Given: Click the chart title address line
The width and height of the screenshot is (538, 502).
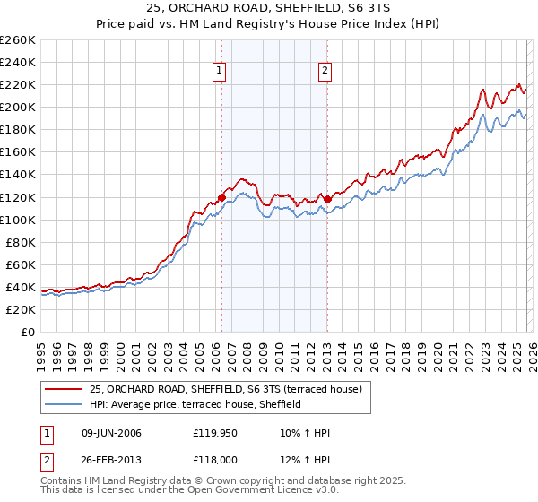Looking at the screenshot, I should coord(269,8).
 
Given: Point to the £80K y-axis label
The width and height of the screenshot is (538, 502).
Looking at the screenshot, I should coord(20,242).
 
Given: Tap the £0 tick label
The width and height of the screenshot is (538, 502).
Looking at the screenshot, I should coord(28,332).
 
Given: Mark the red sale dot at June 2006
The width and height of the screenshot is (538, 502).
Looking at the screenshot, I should coord(221,197).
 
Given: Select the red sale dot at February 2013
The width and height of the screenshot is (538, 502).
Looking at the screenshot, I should coord(327,199).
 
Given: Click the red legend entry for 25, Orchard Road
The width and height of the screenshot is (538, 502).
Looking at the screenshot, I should coord(225,389).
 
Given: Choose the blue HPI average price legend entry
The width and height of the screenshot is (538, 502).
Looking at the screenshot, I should coord(195,404).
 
